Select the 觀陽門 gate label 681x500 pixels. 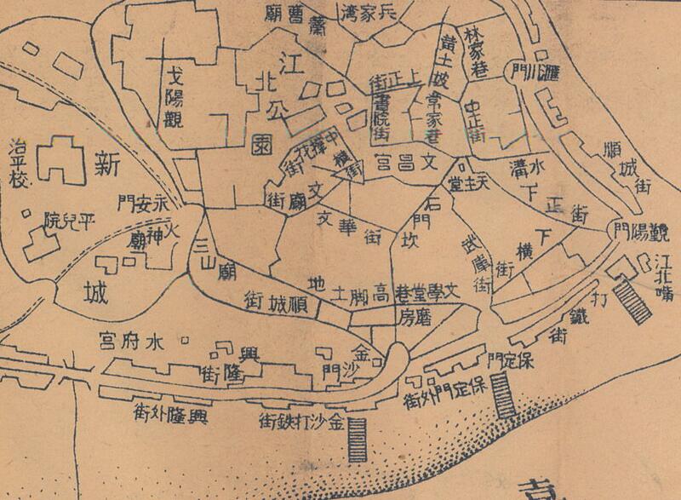[638, 231]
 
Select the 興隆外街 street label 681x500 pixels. [170, 416]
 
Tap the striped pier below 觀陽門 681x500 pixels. [632, 302]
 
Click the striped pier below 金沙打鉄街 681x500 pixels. [355, 439]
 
